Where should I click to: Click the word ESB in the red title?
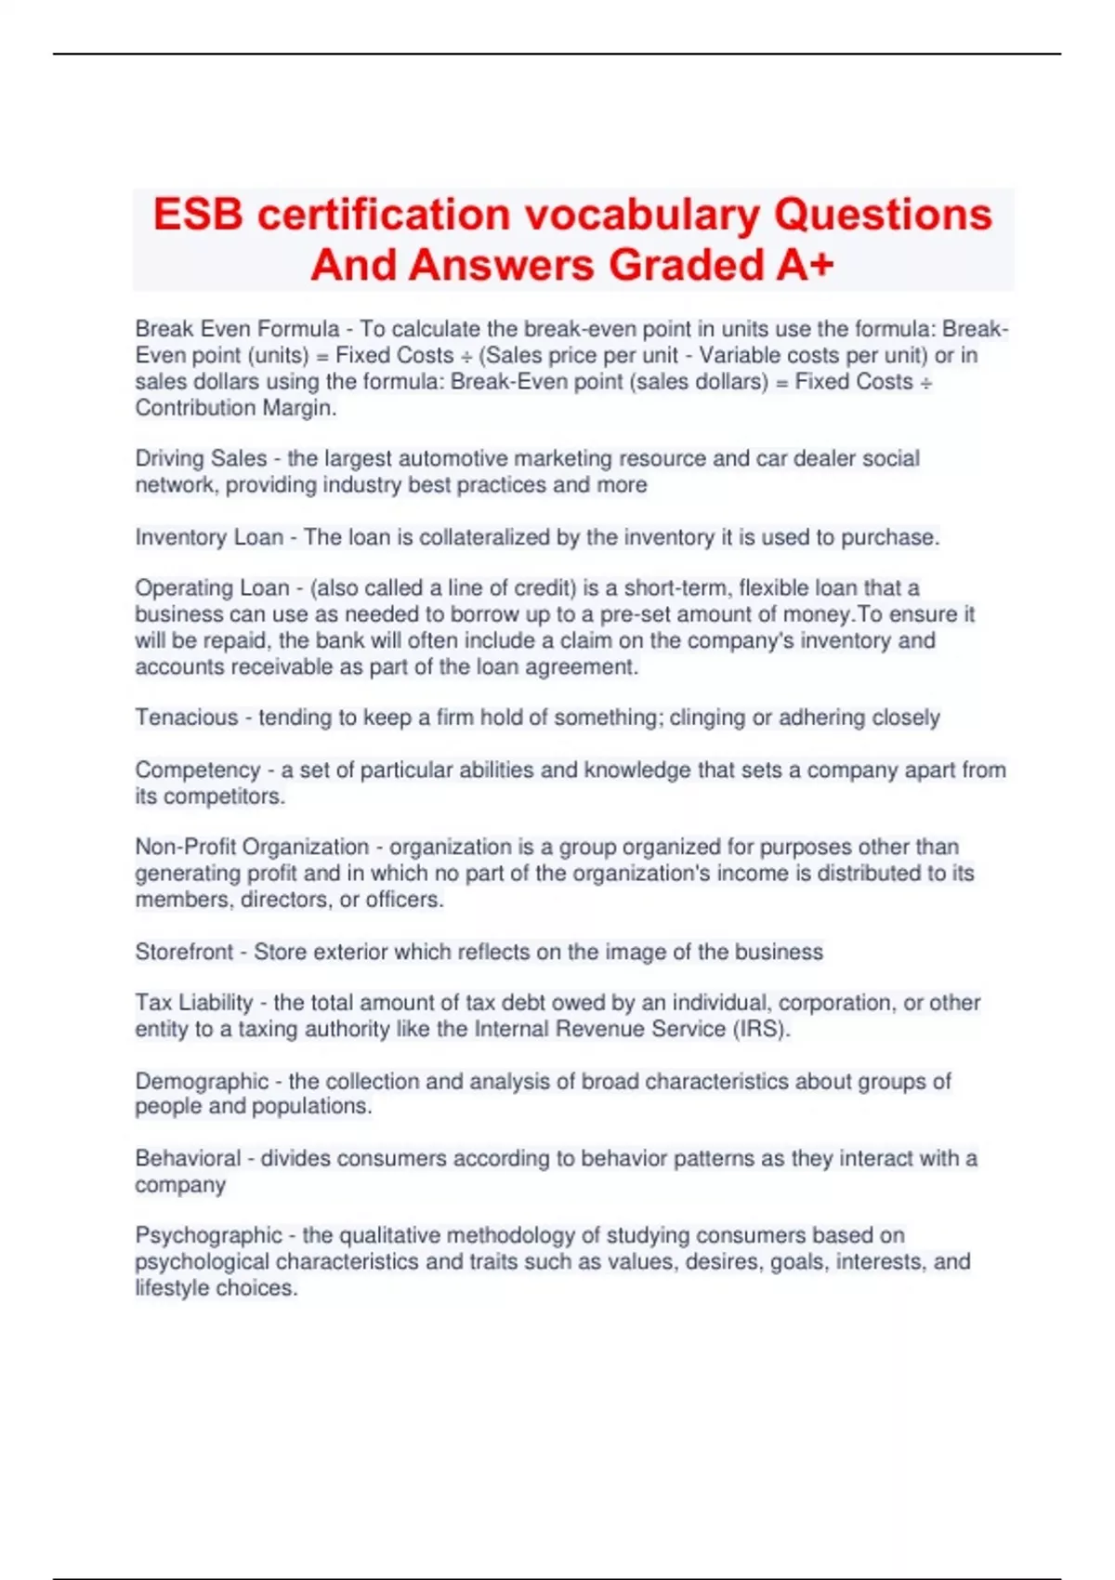click(198, 215)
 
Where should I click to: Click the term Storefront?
click(184, 952)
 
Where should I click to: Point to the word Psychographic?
click(208, 1235)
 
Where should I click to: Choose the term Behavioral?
click(188, 1158)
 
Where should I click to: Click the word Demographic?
click(202, 1081)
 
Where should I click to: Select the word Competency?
click(196, 770)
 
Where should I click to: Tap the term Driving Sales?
click(188, 458)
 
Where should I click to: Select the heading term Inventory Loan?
click(209, 537)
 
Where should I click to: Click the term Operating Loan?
click(212, 587)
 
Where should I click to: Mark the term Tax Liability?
click(194, 1003)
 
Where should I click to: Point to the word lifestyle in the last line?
click(173, 1288)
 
